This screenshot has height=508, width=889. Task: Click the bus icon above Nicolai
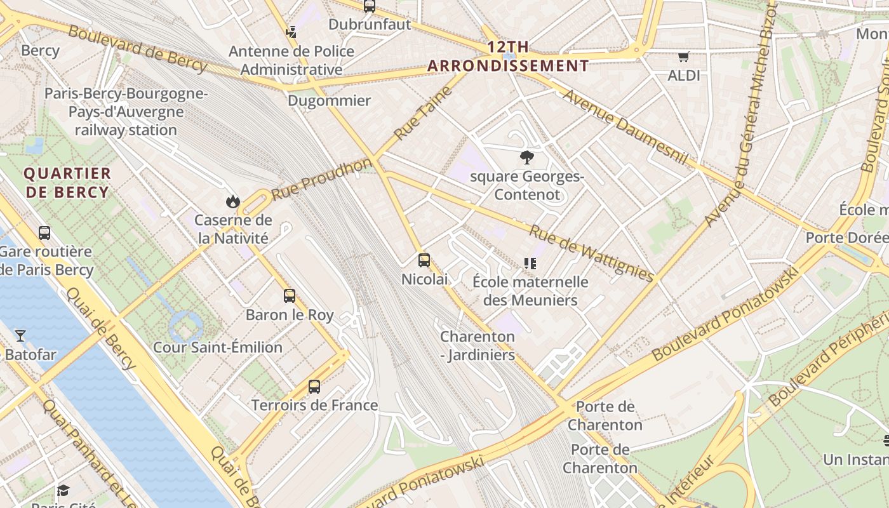coord(424,260)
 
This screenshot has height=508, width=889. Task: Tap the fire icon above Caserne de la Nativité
coord(233,202)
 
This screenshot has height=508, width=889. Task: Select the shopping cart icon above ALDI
coord(683,57)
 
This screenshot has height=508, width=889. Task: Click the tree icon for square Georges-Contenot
coord(526,157)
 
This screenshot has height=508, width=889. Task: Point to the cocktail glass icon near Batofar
coord(20,335)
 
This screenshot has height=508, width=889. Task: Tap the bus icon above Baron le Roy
coord(290,296)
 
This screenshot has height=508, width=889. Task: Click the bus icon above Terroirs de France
coord(314,386)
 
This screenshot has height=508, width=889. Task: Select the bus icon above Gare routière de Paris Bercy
coord(44,233)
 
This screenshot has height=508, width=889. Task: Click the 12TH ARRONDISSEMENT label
coord(508,57)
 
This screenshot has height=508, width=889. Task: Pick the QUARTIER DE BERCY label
coord(67,183)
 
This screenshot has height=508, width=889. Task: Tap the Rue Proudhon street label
coord(321,178)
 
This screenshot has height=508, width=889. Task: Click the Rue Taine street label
coord(422,113)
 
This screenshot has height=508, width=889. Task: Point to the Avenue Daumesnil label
coord(625,127)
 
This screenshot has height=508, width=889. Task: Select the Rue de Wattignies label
coord(591,253)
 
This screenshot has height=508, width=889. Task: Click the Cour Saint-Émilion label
coord(218,347)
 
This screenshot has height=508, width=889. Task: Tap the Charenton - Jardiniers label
coord(478,346)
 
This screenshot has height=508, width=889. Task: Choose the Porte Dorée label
coord(846,237)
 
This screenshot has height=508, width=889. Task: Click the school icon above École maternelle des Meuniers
coord(530,264)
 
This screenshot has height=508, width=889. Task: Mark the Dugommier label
coord(329,101)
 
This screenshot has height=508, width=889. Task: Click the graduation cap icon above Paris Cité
coord(63,490)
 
